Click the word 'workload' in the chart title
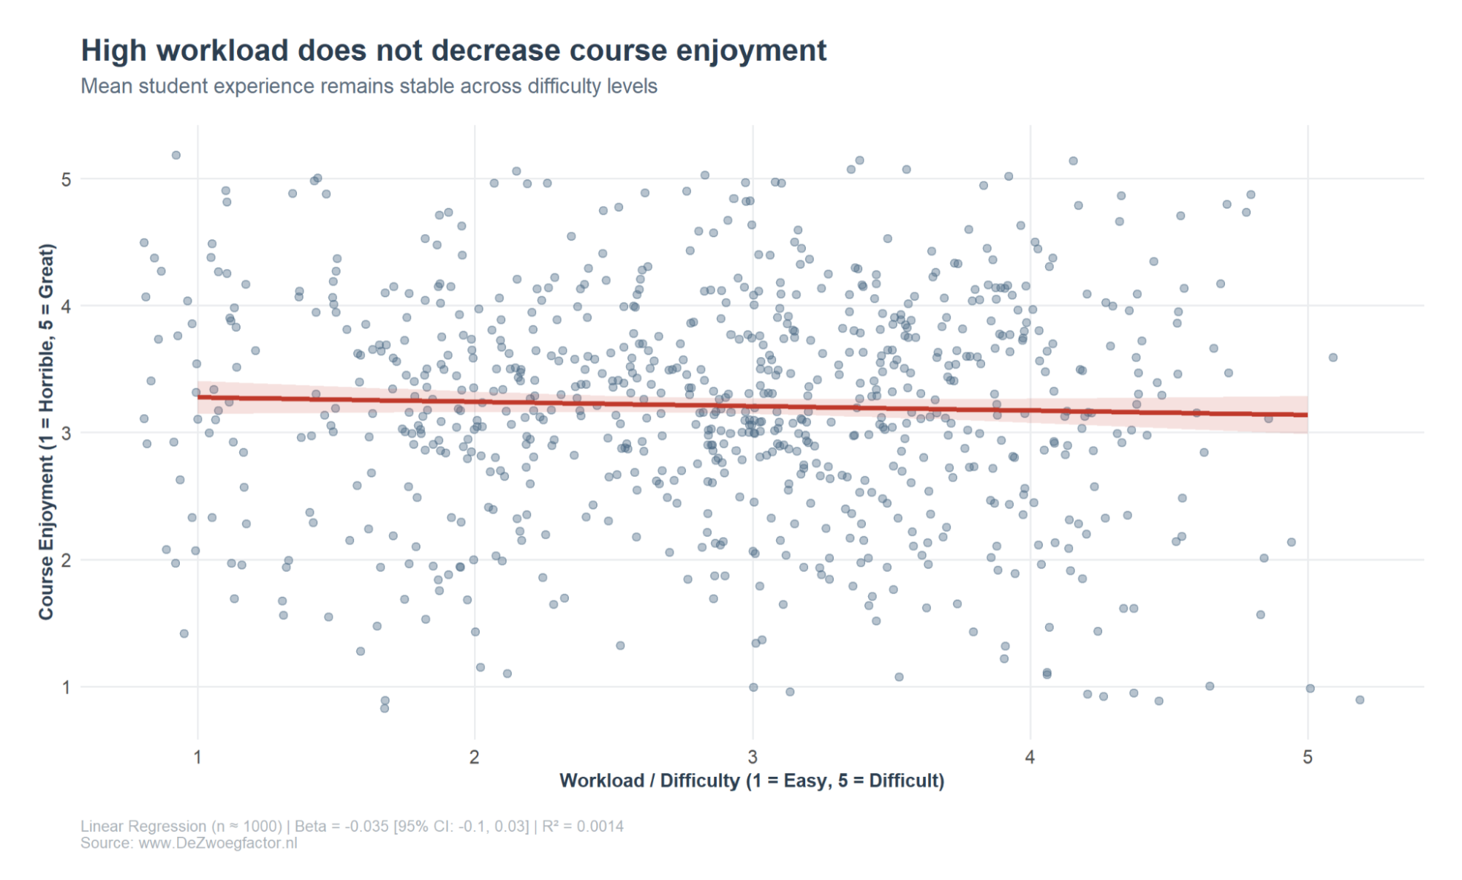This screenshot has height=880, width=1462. (222, 50)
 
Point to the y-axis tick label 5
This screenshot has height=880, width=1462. (67, 179)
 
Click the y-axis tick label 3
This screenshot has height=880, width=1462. (67, 433)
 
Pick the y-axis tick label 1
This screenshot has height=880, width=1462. (67, 687)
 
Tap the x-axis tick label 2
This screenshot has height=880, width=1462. (475, 757)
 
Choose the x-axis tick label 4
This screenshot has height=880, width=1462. (1030, 757)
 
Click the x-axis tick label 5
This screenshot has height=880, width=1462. (1308, 757)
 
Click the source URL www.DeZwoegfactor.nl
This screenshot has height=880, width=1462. (217, 843)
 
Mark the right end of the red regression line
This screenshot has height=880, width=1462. (1306, 415)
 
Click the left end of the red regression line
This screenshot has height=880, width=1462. (199, 397)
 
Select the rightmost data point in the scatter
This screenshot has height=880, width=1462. (1360, 700)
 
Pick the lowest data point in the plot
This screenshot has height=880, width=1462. (385, 708)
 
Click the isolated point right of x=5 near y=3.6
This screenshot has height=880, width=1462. (1333, 358)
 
